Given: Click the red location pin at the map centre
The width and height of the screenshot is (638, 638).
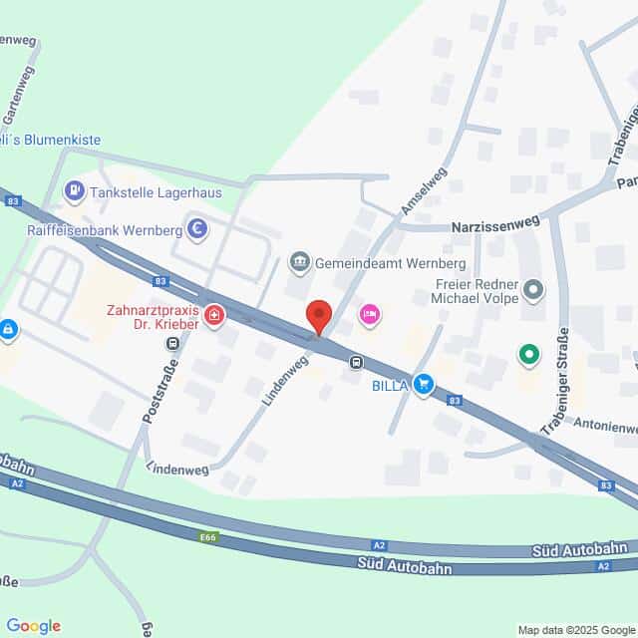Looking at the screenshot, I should [x=319, y=316].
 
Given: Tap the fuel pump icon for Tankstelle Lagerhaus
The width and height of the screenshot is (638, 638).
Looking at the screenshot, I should [x=74, y=189].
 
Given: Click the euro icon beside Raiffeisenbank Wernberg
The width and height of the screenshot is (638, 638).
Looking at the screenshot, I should [x=198, y=230].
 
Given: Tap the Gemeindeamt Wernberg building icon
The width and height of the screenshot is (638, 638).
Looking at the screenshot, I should [x=298, y=263].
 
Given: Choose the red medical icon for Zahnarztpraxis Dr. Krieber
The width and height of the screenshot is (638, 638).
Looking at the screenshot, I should [x=213, y=316].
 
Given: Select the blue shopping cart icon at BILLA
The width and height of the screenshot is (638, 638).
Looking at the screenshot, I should [x=425, y=384].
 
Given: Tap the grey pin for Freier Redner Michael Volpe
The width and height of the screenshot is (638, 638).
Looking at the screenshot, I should [x=534, y=291].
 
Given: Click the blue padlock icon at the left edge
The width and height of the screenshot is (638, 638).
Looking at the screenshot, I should [x=8, y=328].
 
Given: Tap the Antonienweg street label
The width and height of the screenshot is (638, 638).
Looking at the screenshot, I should [x=605, y=425].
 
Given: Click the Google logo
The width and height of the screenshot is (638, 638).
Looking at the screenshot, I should [x=32, y=626].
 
